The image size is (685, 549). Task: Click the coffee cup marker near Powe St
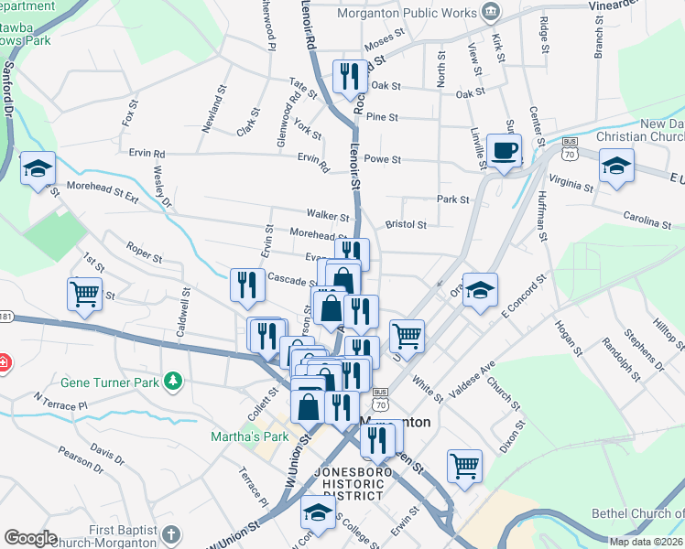coord(503,151)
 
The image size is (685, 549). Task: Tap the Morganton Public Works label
coord(407,13)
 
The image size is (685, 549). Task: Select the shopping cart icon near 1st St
coord(83,295)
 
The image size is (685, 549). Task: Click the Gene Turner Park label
coord(111,381)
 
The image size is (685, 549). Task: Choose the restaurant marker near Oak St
coord(348,78)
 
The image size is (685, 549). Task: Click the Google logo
coord(30,538)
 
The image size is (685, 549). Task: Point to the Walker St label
coord(328,217)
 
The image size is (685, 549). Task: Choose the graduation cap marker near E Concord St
coord(480,291)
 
